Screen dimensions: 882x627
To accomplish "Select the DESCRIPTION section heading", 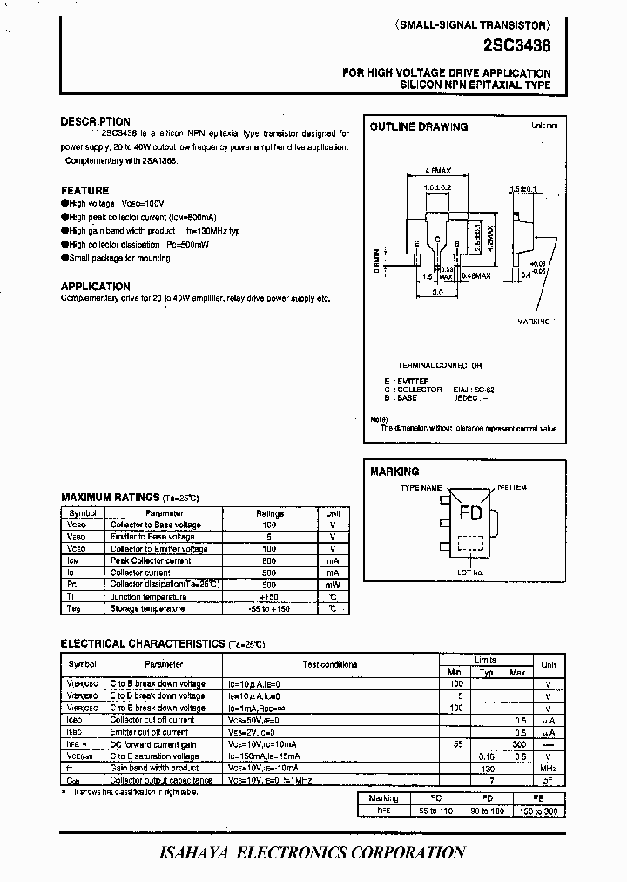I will [96, 122].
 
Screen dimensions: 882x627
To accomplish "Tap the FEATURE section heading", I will [85, 190].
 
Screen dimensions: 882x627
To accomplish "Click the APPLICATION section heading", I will [96, 286].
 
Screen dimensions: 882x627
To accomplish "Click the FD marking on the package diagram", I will [470, 513].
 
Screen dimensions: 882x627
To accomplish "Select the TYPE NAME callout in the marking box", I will [421, 489].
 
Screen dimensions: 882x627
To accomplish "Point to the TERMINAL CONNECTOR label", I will [440, 365].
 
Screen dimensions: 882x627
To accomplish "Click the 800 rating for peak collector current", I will [269, 561].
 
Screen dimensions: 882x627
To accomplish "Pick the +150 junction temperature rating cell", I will [269, 597].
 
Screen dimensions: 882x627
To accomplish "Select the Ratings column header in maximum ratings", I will [269, 513].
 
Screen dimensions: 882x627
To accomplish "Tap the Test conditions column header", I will [329, 664].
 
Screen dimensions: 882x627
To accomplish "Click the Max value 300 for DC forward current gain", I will [517, 745].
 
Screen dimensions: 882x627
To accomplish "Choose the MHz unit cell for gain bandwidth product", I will [548, 769].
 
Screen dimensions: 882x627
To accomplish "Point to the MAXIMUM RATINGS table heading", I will [111, 498].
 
